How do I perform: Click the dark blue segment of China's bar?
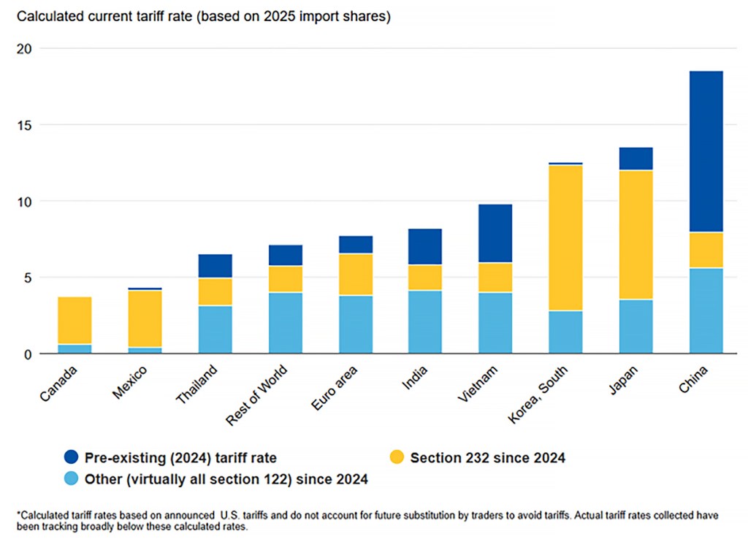coord(706,151)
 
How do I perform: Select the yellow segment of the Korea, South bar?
coord(565,237)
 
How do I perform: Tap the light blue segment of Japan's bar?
coord(636,327)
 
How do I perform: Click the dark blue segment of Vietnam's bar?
coord(495,233)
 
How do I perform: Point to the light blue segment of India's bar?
coord(425,322)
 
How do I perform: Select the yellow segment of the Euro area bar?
coord(355,274)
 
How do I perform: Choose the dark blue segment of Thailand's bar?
coord(215,266)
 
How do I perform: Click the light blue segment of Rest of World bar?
coord(285,323)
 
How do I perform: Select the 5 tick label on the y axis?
coord(26,278)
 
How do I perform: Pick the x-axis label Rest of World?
coord(257,394)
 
